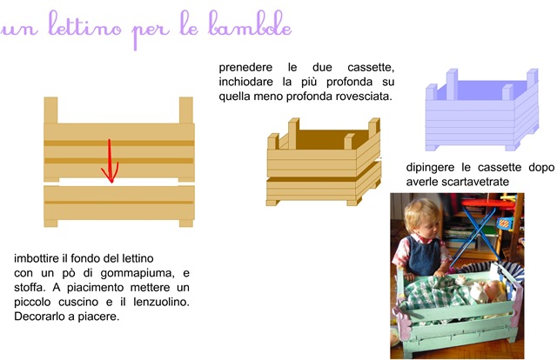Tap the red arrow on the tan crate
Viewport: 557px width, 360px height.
109,162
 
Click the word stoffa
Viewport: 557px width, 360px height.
32,288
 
